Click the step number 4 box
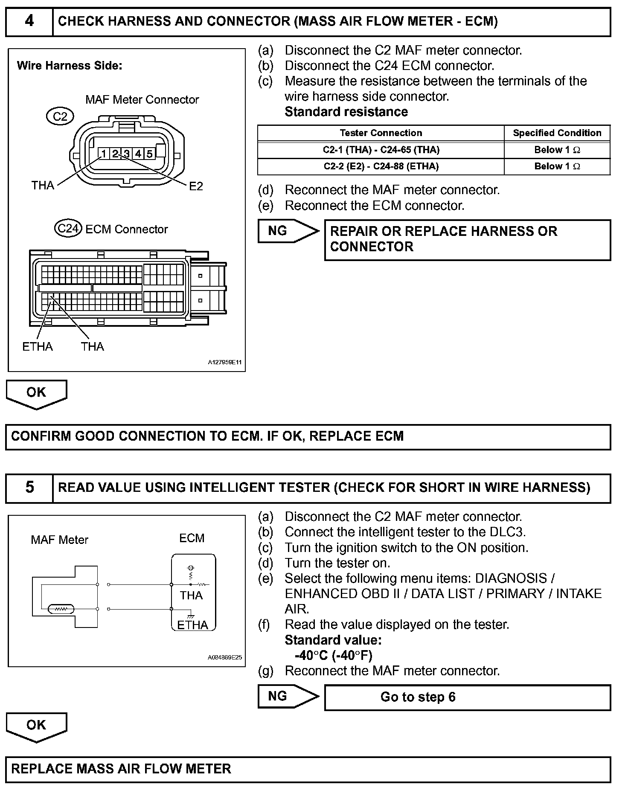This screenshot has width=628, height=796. coord(29,21)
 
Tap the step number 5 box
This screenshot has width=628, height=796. coord(29,488)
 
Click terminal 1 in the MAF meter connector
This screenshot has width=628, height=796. coord(104,154)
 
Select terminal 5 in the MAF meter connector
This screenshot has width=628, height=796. coord(149,154)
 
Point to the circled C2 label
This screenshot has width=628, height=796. coord(60,116)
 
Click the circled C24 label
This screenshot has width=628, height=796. coord(68,229)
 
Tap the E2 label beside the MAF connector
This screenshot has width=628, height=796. coord(196,186)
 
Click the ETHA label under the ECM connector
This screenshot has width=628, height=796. coord(38,346)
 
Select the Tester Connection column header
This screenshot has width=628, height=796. coord(381,133)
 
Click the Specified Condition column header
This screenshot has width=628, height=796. coord(557,133)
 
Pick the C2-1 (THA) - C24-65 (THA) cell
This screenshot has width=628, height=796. coord(381,150)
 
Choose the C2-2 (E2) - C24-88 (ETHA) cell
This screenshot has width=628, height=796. coord(381,166)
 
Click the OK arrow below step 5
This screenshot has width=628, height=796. coord(36,726)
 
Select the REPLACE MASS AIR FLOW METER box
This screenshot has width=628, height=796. coord(308,769)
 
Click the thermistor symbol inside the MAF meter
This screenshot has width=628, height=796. coord(61,609)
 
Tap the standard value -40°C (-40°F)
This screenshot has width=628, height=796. coord(333,655)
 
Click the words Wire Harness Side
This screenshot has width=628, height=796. coord(70,66)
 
